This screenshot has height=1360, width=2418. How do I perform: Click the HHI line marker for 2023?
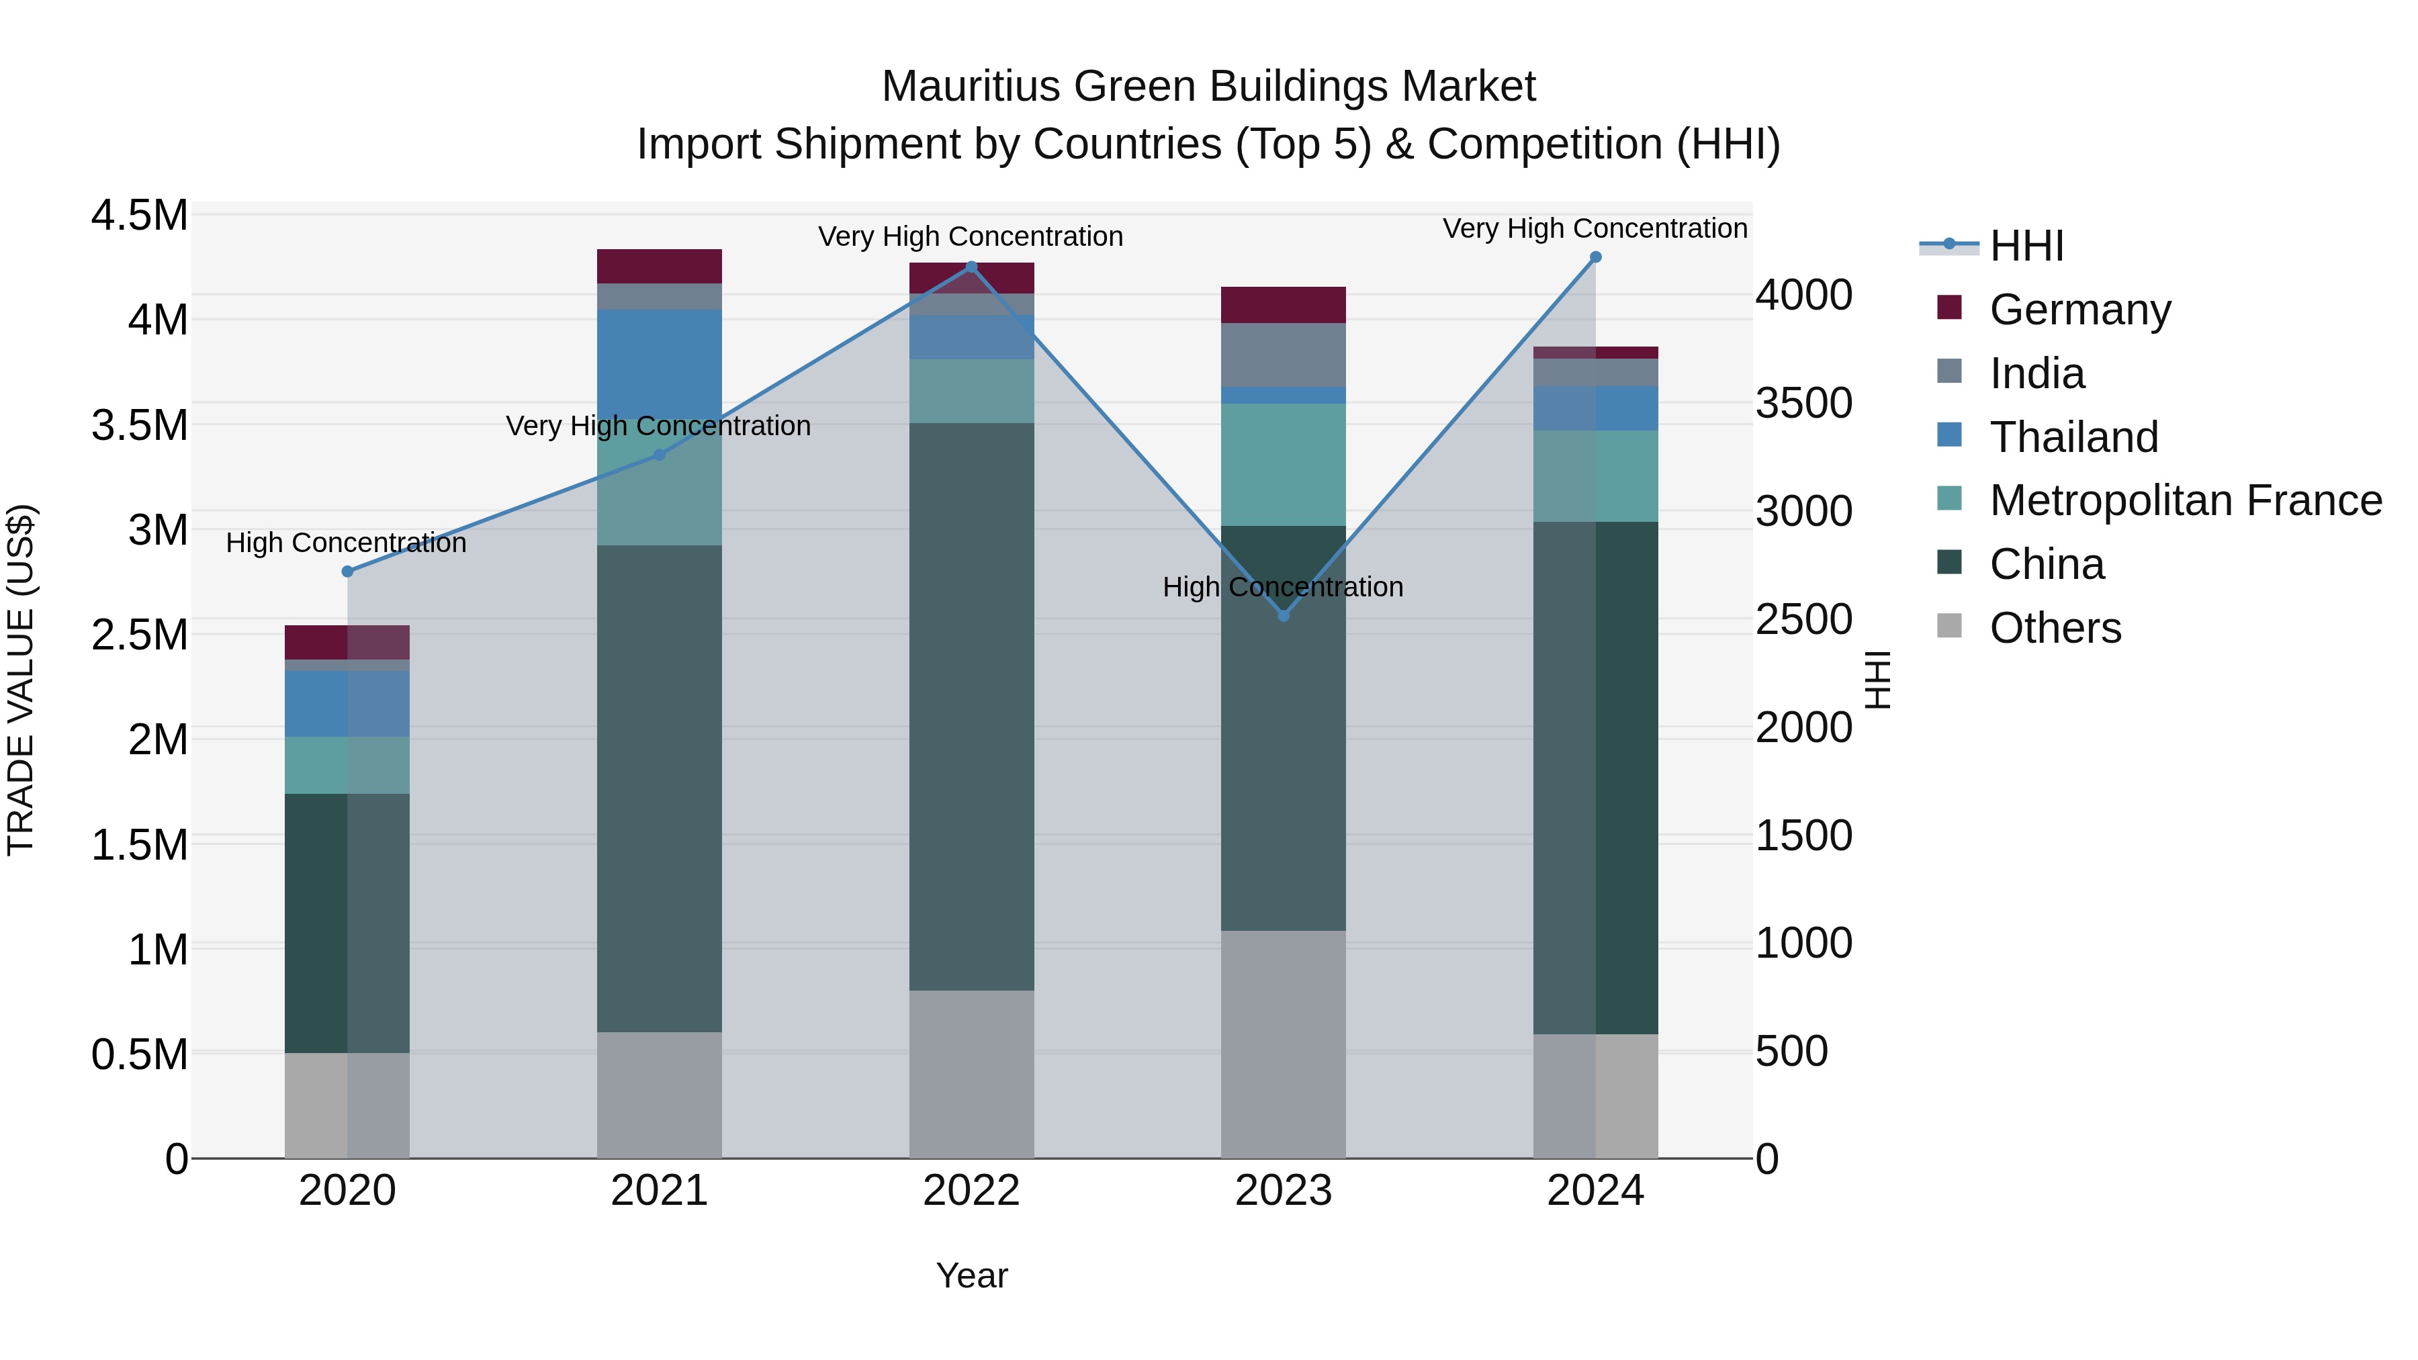pyautogui.click(x=1283, y=615)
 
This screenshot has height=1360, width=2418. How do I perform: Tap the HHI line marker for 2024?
pyautogui.click(x=1595, y=257)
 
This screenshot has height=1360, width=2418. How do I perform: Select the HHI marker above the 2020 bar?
pyautogui.click(x=347, y=572)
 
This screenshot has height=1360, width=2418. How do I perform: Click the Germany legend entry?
pyautogui.click(x=2079, y=310)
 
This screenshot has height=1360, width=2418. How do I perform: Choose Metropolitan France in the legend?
pyautogui.click(x=2184, y=501)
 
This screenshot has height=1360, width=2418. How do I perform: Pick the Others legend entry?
pyautogui.click(x=2055, y=628)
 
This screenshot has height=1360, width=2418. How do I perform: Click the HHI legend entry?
pyautogui.click(x=2026, y=246)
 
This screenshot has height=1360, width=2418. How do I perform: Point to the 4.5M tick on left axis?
pyautogui.click(x=139, y=216)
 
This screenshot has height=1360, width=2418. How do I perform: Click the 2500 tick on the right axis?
pyautogui.click(x=1803, y=619)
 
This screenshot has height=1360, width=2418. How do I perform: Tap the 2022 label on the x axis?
pyautogui.click(x=971, y=1191)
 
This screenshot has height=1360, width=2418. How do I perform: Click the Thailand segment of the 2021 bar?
pyautogui.click(x=659, y=361)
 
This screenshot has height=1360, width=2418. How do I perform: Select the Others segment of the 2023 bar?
pyautogui.click(x=1283, y=1044)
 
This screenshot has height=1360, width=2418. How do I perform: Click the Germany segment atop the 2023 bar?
pyautogui.click(x=1283, y=305)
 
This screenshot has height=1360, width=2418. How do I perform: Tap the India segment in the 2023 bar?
pyautogui.click(x=1283, y=355)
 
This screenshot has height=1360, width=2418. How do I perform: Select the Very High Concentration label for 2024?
pyautogui.click(x=1594, y=228)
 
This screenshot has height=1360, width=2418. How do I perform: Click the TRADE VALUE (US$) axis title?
pyautogui.click(x=21, y=680)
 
